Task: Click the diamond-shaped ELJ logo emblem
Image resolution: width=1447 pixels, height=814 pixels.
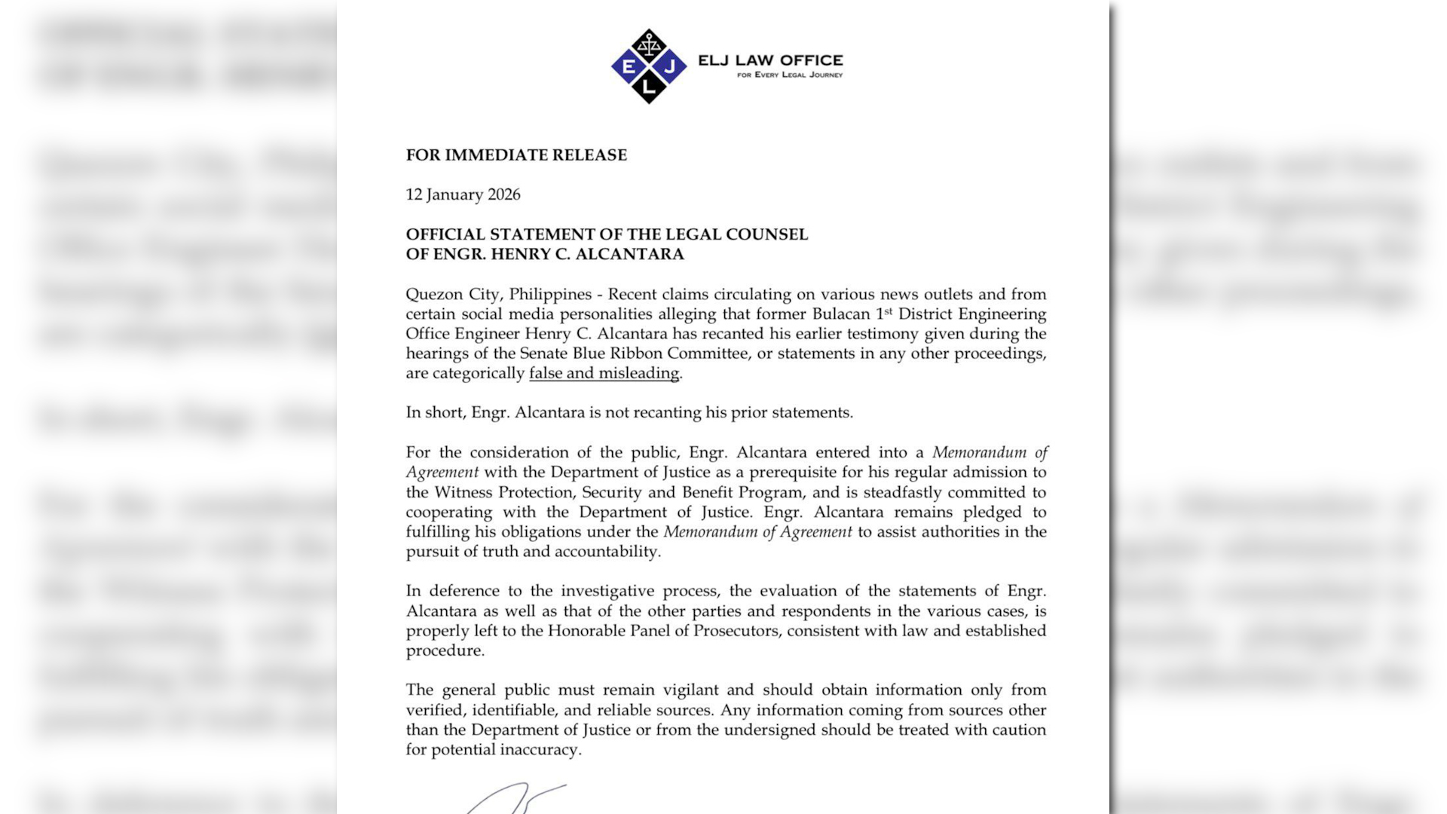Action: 649,66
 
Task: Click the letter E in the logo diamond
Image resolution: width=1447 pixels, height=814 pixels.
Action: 628,66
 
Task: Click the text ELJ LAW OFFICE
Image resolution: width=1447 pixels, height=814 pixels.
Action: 770,60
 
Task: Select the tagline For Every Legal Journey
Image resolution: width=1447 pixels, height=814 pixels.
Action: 790,75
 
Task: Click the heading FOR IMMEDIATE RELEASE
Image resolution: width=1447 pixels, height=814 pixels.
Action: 516,155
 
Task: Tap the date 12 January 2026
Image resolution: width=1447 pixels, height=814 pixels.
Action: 463,194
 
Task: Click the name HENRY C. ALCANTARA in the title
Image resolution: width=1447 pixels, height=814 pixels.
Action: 587,254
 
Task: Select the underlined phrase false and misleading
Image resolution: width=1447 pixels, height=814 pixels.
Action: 604,373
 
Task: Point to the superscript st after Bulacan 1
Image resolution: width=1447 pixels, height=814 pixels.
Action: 889,310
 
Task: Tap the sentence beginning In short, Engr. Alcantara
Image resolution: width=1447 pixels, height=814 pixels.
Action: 629,412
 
